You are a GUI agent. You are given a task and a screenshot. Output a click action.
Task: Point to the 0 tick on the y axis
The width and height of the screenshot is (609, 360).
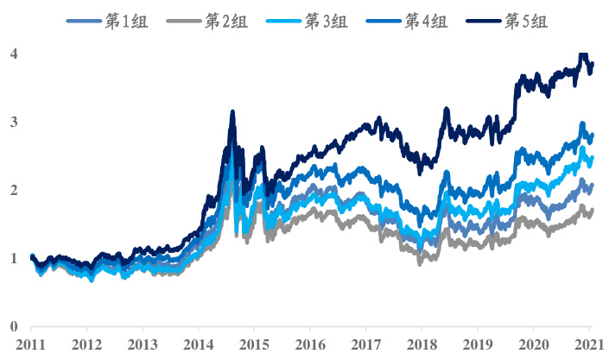click(13, 326)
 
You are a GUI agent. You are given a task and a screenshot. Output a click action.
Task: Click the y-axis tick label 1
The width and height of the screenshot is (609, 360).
click(13, 258)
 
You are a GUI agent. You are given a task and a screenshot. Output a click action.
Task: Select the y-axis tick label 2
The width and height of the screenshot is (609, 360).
click(13, 190)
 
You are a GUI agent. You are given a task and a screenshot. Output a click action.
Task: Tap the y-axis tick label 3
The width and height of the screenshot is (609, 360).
click(13, 122)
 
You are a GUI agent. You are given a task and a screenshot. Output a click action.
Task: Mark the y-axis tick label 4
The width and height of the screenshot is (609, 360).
click(13, 54)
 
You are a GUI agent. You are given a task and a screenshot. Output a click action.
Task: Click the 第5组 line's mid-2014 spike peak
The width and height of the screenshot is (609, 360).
click(232, 112)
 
